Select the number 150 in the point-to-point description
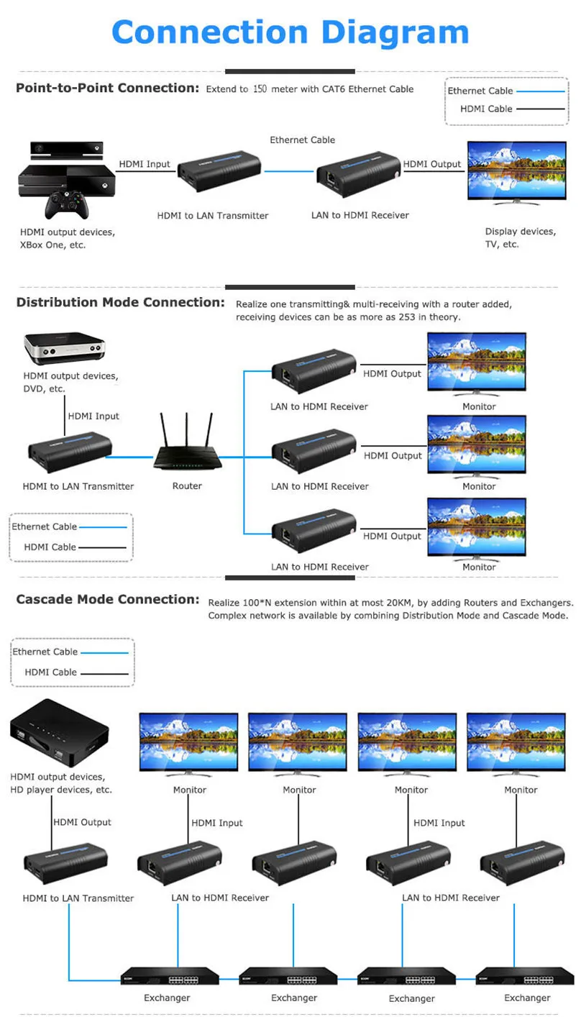(260, 89)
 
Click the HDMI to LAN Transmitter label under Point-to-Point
(213, 215)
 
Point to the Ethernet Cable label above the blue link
(302, 140)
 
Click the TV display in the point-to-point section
(516, 173)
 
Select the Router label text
(187, 486)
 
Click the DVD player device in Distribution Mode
(64, 349)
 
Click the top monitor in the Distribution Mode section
(477, 362)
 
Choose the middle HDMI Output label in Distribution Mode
(393, 455)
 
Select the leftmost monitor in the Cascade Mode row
(188, 745)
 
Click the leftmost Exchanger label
(167, 998)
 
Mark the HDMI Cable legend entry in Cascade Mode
(50, 672)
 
